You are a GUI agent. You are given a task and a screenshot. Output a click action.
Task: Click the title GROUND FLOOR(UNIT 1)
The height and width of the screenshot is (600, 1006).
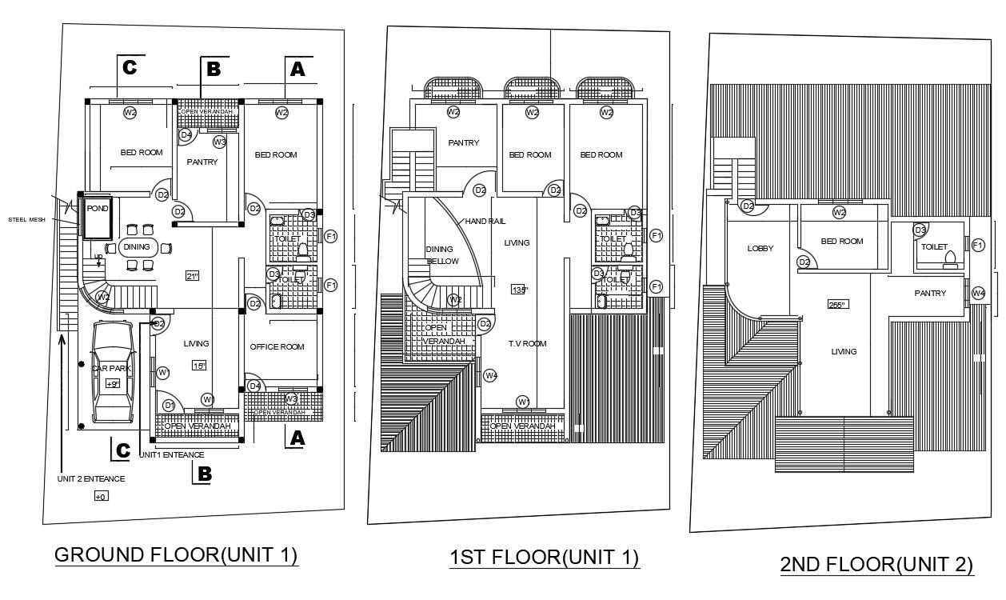(176, 555)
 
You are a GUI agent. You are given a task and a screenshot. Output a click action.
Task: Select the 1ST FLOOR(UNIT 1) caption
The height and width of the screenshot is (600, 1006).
(544, 558)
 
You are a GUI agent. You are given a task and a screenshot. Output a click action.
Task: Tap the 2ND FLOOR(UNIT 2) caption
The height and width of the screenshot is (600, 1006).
(876, 565)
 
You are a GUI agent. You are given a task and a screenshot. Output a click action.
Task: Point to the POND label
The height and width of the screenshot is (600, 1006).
(98, 208)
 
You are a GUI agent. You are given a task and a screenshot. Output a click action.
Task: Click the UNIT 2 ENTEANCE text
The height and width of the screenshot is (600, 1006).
(90, 479)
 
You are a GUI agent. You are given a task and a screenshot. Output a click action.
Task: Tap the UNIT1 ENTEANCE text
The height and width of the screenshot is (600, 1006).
(172, 454)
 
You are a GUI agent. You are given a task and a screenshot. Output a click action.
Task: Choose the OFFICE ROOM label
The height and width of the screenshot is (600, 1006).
(277, 346)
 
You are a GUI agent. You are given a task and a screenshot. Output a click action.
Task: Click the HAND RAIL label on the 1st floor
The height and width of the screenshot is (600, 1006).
(480, 221)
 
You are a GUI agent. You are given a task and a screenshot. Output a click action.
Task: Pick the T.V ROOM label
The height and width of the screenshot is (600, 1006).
(526, 343)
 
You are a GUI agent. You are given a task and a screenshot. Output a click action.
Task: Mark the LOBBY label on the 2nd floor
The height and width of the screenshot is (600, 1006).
(760, 249)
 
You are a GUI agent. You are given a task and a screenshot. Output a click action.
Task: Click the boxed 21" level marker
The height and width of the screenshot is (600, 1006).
(192, 276)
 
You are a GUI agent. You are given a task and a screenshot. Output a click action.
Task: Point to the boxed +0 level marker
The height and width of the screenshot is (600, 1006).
(101, 497)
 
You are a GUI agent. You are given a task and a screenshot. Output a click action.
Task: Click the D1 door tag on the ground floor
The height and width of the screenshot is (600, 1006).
(169, 406)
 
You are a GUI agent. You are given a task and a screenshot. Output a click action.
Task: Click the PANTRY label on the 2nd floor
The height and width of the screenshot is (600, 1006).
(930, 294)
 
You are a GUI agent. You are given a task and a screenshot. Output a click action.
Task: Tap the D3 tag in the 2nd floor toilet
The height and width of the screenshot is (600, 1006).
(920, 230)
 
